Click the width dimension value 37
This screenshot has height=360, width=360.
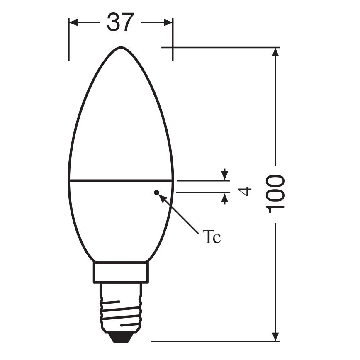pyautogui.click(x=121, y=22)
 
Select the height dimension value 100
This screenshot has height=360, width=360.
pyautogui.click(x=275, y=194)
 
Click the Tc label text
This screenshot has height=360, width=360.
pyautogui.click(x=212, y=237)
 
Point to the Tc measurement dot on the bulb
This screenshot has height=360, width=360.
pyautogui.click(x=156, y=192)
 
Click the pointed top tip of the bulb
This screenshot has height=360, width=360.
pyautogui.click(x=121, y=47)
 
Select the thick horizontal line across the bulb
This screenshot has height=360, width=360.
pyautogui.click(x=121, y=181)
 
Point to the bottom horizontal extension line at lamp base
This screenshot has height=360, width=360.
pyautogui.click(x=216, y=341)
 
